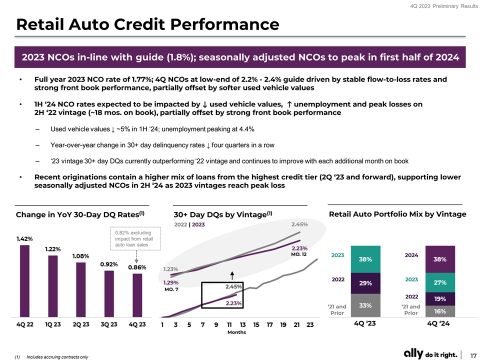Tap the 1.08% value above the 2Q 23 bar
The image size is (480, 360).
[x=81, y=256]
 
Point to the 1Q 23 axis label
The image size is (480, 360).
[x=52, y=325]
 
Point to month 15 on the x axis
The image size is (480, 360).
[x=256, y=325]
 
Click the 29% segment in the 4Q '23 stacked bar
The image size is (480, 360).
[x=365, y=282]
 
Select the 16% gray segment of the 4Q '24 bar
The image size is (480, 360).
[x=439, y=311]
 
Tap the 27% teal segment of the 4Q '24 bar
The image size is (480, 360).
[x=439, y=282]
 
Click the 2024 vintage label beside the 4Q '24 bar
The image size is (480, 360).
[x=411, y=255]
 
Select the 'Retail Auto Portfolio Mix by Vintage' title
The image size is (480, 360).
[x=398, y=214]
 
